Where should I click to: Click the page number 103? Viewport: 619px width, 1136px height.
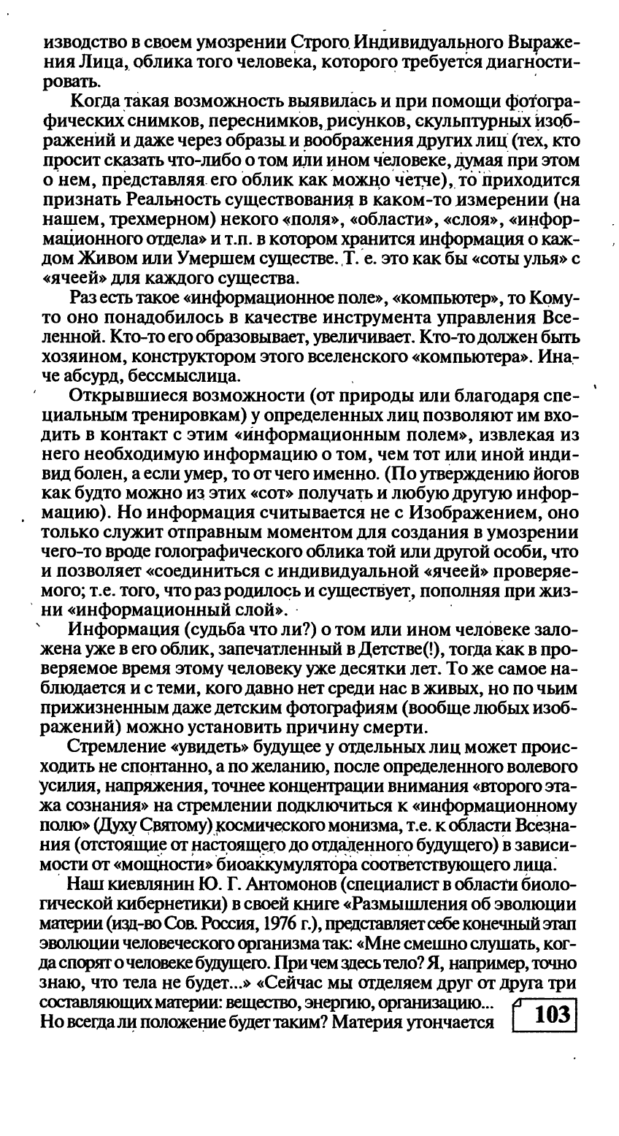pos(551,1016)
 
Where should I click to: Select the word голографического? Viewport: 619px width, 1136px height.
pos(240,556)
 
